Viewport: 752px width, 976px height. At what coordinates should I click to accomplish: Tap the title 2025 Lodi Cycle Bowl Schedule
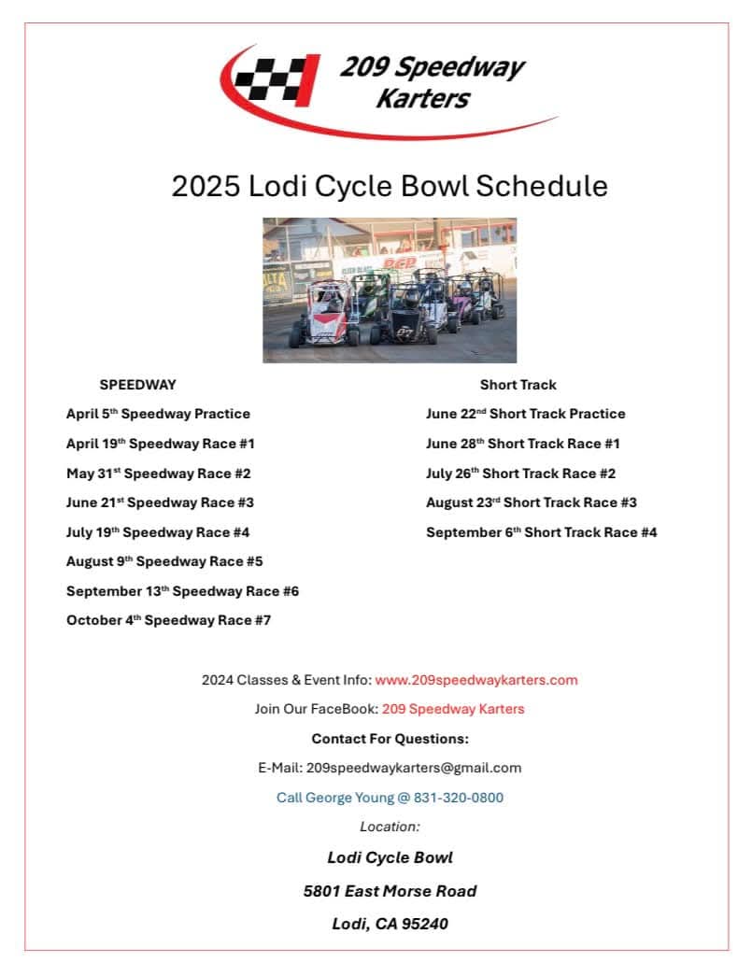click(x=390, y=186)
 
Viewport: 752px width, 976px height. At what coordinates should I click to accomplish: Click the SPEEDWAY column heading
click(x=137, y=384)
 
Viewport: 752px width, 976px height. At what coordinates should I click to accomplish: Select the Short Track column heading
click(x=518, y=384)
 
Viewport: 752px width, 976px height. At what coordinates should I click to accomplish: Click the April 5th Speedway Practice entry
click(x=158, y=414)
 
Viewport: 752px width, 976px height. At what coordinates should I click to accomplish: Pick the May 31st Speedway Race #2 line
click(x=158, y=474)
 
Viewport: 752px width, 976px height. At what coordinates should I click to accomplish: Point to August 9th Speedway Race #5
click(x=164, y=561)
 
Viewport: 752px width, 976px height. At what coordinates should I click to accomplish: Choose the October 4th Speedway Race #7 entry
click(x=168, y=620)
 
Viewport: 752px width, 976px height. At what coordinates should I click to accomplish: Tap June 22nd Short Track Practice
click(x=525, y=414)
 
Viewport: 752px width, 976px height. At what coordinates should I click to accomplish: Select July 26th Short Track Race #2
click(x=520, y=474)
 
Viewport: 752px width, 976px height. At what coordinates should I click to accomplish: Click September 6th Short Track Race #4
click(x=541, y=532)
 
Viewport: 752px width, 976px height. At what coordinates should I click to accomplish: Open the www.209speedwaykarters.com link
click(x=476, y=680)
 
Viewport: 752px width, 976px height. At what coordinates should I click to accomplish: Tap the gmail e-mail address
click(x=413, y=768)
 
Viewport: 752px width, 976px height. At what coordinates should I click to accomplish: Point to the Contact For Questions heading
click(x=390, y=739)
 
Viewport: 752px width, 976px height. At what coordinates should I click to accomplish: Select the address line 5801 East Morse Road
click(x=390, y=891)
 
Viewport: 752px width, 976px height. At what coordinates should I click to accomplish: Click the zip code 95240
click(x=425, y=924)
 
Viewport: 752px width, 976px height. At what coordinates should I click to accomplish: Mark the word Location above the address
click(x=390, y=827)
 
